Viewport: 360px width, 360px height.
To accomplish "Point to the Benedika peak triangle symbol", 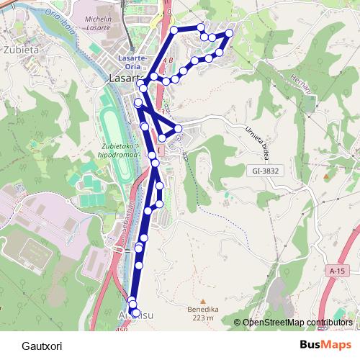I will click(x=202, y=302).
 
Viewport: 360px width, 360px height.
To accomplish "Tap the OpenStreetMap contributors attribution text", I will click(x=297, y=323).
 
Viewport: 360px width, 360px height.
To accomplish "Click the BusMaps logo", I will click(x=325, y=344).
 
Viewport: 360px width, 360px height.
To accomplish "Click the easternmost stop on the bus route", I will click(x=230, y=33).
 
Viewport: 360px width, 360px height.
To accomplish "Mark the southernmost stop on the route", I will click(x=135, y=312).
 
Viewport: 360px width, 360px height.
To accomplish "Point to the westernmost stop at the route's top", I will click(x=174, y=30).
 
